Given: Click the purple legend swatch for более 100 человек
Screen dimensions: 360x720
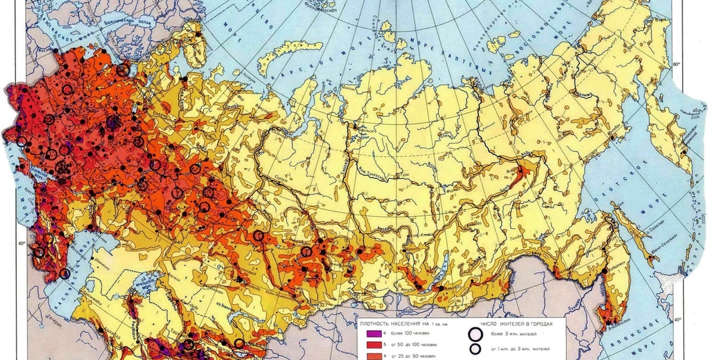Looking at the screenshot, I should (371, 333).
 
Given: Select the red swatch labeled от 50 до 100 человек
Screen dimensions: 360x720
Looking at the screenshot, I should (371, 344).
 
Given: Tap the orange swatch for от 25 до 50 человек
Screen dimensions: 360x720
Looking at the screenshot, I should (371, 355).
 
